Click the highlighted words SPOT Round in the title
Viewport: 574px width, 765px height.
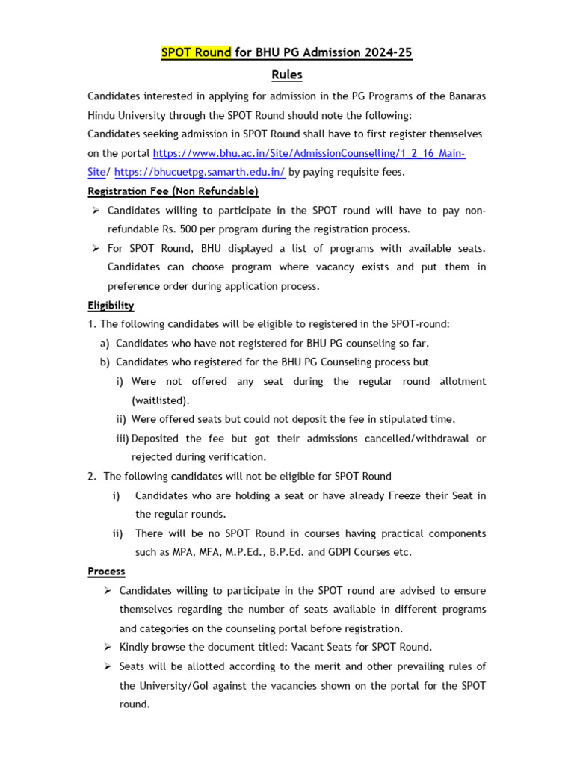pyautogui.click(x=197, y=52)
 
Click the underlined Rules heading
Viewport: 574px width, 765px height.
pyautogui.click(x=287, y=75)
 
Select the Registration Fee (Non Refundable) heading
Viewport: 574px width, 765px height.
pyautogui.click(x=173, y=191)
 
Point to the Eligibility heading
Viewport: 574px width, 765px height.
pyautogui.click(x=111, y=305)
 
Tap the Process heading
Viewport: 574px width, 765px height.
pyautogui.click(x=106, y=572)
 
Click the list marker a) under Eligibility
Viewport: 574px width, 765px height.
pyautogui.click(x=105, y=343)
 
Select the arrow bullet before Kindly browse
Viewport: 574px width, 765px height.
pyautogui.click(x=108, y=648)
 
